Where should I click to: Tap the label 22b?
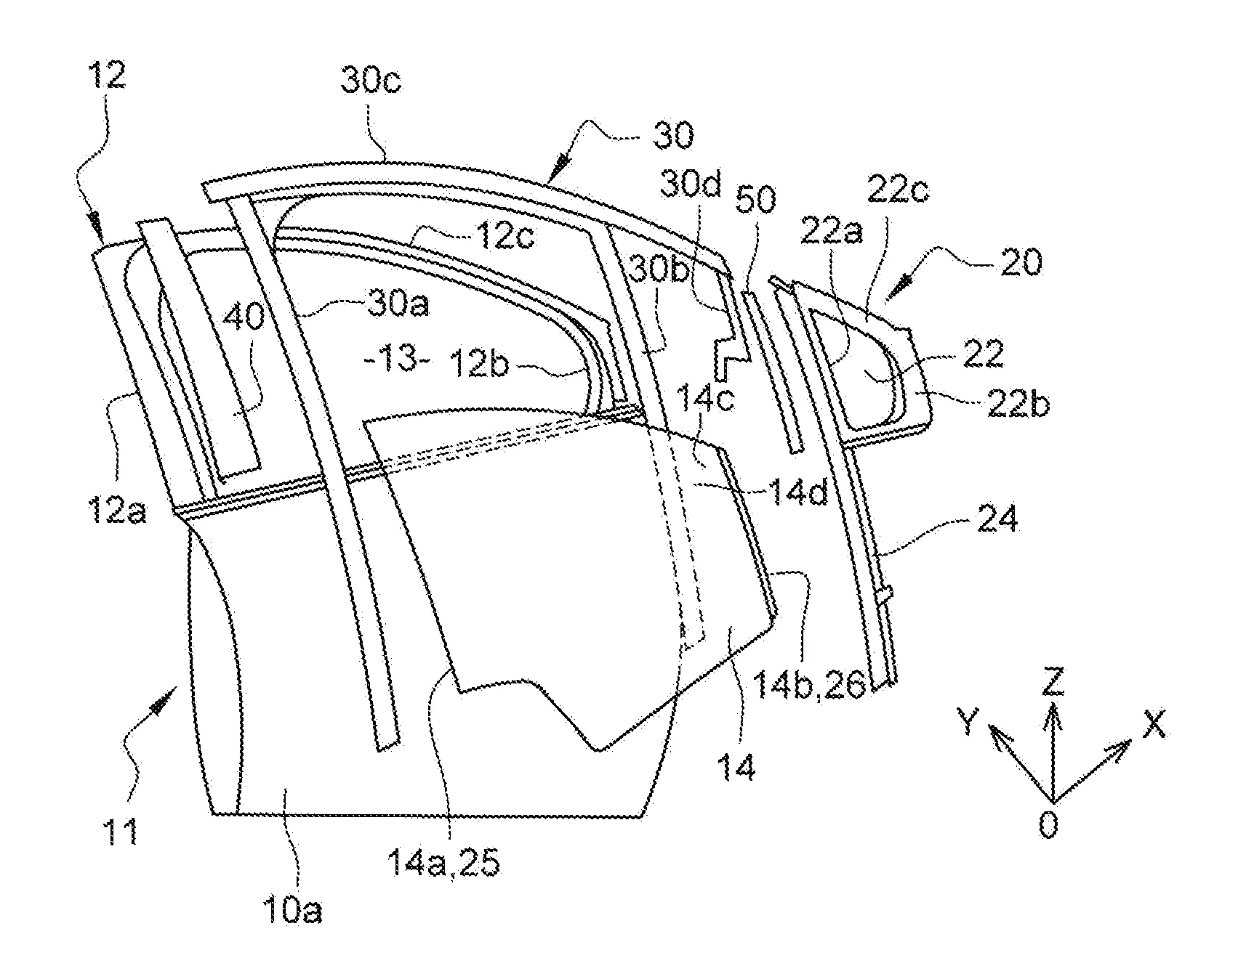(1018, 404)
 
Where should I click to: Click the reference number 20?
(1021, 261)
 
